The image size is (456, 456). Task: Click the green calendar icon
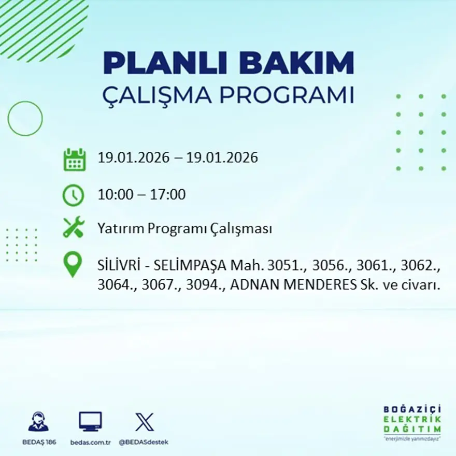coord(74,159)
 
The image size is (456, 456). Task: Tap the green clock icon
coord(73,195)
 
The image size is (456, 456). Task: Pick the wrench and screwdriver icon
coord(74,227)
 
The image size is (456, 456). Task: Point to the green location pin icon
coord(73,264)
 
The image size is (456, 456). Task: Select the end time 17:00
coord(168,195)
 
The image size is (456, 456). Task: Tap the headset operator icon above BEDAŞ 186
coord(38,422)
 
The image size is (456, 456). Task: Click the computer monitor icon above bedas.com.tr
coord(90,422)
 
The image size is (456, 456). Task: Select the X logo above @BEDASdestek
coord(144,422)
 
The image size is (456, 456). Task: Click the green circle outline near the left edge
coord(25,119)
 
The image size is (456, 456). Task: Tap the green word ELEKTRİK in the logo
coord(413,419)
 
